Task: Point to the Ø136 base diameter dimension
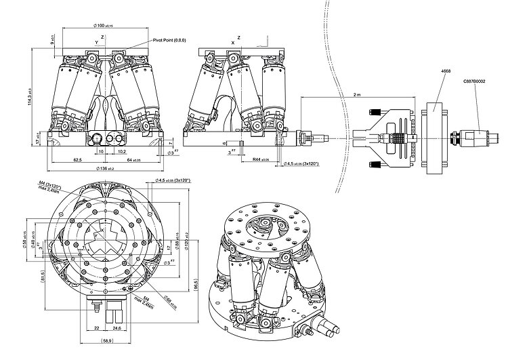coord(104,168)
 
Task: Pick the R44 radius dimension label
coord(259,160)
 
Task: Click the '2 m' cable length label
coord(358,95)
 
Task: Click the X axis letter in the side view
coord(234,42)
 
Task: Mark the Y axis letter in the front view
coord(96,42)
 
